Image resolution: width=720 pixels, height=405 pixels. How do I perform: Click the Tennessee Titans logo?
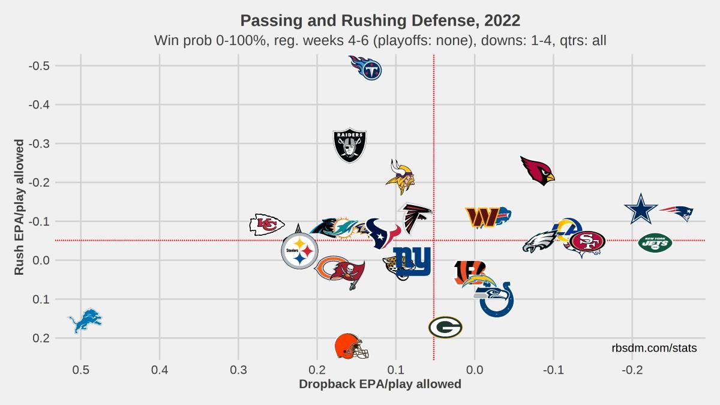[366, 68]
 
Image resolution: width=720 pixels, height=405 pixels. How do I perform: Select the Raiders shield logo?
[350, 146]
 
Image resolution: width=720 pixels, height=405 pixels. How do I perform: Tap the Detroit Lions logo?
[85, 320]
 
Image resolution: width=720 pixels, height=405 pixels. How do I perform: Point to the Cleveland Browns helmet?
[352, 346]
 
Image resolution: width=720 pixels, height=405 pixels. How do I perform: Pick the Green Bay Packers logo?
[445, 327]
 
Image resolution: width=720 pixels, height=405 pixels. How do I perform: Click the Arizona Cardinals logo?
[538, 171]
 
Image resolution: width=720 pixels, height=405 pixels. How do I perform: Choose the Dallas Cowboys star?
[641, 209]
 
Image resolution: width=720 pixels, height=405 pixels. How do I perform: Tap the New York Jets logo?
[655, 242]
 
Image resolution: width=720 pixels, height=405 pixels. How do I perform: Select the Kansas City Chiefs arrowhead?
[267, 224]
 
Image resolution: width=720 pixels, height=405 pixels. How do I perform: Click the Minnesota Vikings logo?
[401, 177]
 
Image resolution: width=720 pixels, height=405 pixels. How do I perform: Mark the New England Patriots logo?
[676, 214]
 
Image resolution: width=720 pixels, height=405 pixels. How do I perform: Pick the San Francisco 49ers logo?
[587, 241]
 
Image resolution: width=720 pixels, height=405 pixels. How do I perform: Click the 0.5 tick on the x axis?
[80, 370]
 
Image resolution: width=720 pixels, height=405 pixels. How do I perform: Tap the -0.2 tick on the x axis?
[632, 370]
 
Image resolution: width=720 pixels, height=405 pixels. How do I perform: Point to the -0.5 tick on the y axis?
[39, 66]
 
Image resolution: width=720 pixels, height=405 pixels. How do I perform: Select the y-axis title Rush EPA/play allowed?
[19, 207]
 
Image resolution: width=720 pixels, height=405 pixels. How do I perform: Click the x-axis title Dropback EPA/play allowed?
[380, 384]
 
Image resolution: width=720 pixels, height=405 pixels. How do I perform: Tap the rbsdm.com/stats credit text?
[654, 348]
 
